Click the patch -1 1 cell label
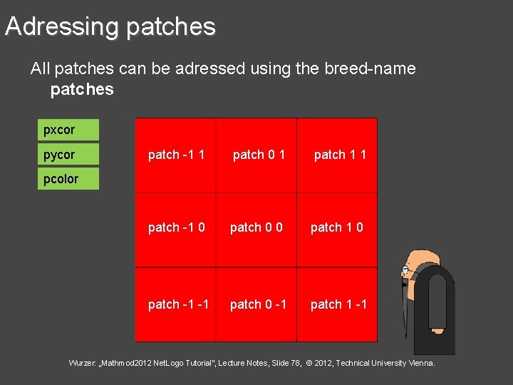[176, 155]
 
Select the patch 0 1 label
[259, 155]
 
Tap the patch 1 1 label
[340, 155]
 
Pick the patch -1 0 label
[176, 227]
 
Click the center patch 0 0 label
[256, 227]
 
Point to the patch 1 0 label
[336, 227]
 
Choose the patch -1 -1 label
[178, 304]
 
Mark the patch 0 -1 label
[258, 304]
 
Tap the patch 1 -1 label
[338, 304]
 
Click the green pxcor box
[68, 130]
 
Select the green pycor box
[68, 155]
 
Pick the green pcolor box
[68, 179]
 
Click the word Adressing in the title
[61, 26]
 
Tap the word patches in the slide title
[170, 26]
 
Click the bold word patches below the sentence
[82, 89]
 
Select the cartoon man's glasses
[405, 271]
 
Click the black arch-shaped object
[434, 307]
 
